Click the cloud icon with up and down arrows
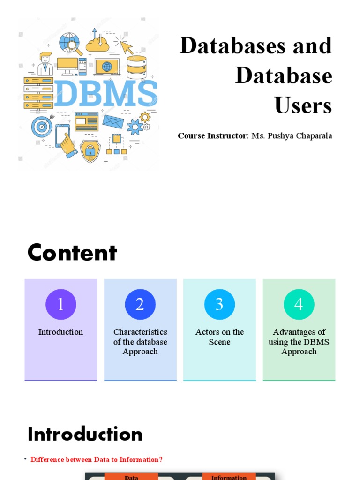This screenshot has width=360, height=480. click(x=97, y=42)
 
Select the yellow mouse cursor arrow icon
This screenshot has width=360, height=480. click(x=124, y=46)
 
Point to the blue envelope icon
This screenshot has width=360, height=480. click(x=113, y=121)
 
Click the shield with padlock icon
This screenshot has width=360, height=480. click(x=90, y=150)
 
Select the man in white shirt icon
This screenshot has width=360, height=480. click(x=45, y=64)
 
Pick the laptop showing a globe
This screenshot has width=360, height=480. click(x=107, y=67)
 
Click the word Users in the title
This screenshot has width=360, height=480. click(x=303, y=105)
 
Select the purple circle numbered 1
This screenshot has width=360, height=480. click(x=61, y=305)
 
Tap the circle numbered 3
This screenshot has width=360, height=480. click(x=219, y=305)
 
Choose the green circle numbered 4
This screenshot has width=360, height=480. click(x=299, y=305)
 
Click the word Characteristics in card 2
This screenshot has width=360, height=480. click(x=140, y=332)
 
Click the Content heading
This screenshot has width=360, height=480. click(x=72, y=253)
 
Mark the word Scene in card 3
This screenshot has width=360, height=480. click(x=219, y=342)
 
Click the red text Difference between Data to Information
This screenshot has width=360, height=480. click(x=97, y=459)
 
